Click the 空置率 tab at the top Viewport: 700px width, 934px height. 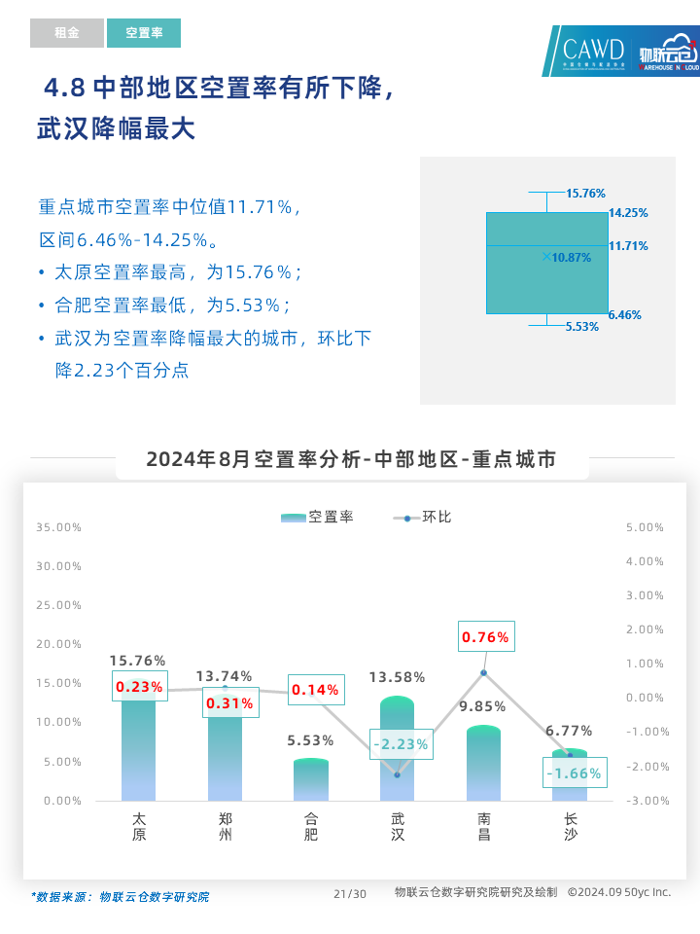[144, 33]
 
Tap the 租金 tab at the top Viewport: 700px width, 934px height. [66, 33]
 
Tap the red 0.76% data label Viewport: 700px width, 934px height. [485, 637]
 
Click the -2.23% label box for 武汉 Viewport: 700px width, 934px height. [400, 744]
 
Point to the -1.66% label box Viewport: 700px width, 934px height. [573, 773]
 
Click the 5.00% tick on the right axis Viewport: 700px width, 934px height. [645, 527]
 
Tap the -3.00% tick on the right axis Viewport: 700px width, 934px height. [645, 801]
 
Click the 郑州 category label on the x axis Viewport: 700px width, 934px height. [226, 826]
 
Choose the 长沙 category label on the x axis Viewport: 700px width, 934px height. [570, 826]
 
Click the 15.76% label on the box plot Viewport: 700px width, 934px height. [585, 194]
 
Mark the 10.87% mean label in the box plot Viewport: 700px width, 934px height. [571, 258]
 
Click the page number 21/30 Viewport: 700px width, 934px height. [349, 894]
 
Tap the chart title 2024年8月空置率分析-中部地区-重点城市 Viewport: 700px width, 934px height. [351, 459]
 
